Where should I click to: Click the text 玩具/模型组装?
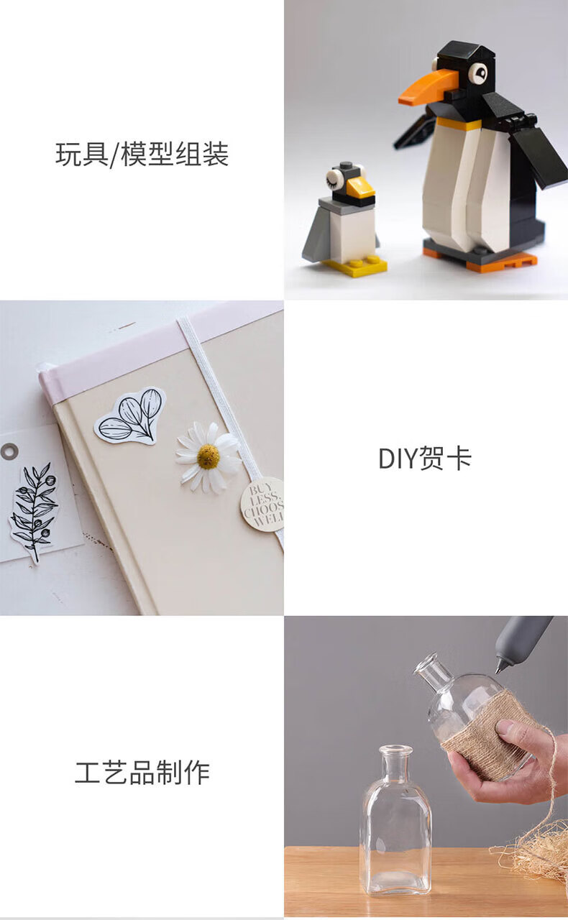click(x=142, y=155)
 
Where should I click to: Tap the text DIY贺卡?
click(x=424, y=458)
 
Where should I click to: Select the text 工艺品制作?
click(x=142, y=772)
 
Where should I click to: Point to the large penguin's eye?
click(x=478, y=73)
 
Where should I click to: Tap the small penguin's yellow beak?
click(x=359, y=188)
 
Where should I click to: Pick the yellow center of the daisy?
click(x=209, y=456)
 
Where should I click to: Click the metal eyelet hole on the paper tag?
click(x=9, y=451)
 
